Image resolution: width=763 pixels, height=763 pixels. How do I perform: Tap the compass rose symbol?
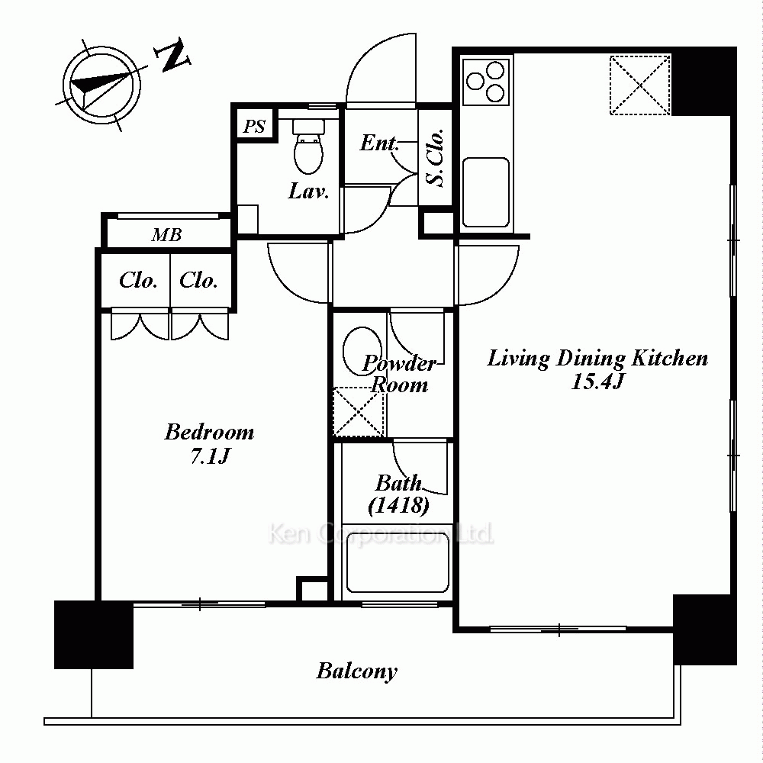[x=101, y=85]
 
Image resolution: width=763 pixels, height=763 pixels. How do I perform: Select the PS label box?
[x=254, y=126]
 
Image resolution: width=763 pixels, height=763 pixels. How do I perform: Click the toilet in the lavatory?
[x=308, y=146]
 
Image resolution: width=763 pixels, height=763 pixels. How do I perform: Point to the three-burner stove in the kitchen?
[x=486, y=82]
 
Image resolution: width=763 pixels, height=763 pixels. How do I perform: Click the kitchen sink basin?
[x=486, y=192]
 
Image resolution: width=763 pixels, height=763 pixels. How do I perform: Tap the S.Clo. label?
[x=435, y=158]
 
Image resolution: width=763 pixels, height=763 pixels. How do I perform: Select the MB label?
[x=166, y=235]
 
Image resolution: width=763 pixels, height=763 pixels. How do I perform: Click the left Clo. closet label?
[x=138, y=280]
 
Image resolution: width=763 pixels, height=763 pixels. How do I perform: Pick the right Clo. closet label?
[x=198, y=280]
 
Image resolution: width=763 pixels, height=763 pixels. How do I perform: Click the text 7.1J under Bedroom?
[x=210, y=456]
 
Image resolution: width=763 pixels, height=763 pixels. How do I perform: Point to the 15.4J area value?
[x=597, y=381]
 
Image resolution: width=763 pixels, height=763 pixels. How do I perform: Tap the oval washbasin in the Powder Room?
[x=362, y=350]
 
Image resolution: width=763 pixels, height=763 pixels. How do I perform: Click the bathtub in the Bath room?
[x=397, y=562]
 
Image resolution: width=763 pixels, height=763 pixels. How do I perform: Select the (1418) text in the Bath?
[x=398, y=505]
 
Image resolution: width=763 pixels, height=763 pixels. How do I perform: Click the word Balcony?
[x=356, y=671]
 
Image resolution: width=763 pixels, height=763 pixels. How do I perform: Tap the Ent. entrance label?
[x=379, y=143]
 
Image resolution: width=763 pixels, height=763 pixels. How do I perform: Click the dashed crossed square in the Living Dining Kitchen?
[x=640, y=85]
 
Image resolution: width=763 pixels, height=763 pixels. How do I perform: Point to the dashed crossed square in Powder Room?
[x=359, y=412]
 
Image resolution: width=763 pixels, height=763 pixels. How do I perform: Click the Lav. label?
[x=308, y=192]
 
